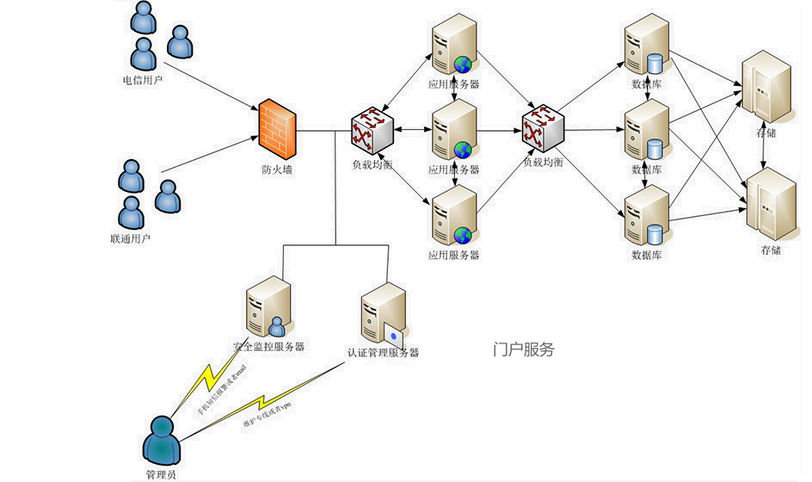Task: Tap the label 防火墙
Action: pos(277,170)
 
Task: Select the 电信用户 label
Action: pos(143,81)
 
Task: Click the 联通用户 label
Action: pos(131,238)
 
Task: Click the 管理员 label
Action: pos(161,474)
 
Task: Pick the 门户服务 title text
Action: pos(524,349)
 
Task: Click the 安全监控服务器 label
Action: pos(269,348)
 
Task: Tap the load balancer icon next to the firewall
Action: pos(372,128)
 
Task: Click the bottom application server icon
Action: pos(453,216)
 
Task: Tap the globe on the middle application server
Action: pos(463,149)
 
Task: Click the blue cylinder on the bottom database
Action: pos(655,234)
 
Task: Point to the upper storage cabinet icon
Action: pos(766,88)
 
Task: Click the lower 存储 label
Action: pos(771,250)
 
